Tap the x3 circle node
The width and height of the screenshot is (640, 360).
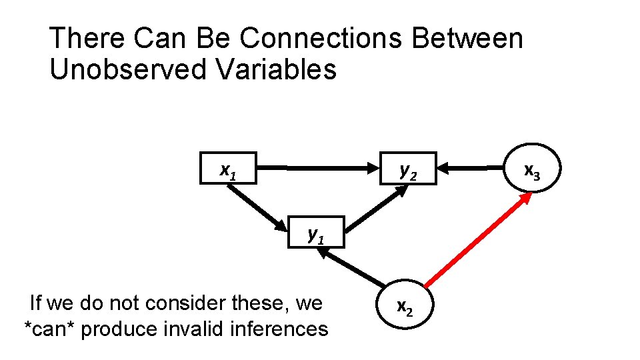pos(531,170)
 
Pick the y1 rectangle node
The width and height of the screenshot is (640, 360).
pos(316,232)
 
